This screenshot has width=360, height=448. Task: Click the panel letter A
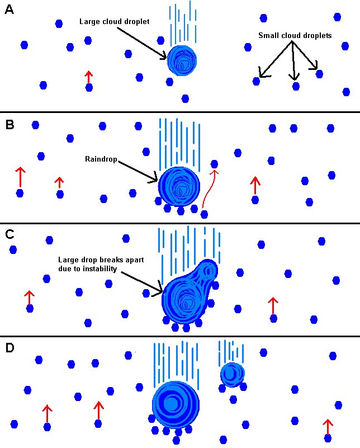coord(9,10)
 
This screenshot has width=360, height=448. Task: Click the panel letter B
coord(9,124)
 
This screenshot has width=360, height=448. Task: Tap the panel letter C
coord(10,235)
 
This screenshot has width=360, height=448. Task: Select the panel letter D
coord(10,348)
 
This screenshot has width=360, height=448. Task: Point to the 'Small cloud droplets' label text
coord(295,36)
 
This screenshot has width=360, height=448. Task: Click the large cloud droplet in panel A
coord(182,60)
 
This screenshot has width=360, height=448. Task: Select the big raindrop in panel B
coord(179,187)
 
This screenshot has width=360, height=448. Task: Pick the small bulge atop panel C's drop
coord(209,271)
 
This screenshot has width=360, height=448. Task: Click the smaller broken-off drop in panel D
coord(232,375)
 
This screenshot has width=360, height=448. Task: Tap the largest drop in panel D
coord(176,404)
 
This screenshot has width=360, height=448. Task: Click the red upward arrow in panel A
coord(88,77)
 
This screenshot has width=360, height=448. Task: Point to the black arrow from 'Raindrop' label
coord(138,171)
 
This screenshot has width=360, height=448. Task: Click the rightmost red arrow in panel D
coord(328,427)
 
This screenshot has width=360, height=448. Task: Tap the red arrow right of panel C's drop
coord(273,306)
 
